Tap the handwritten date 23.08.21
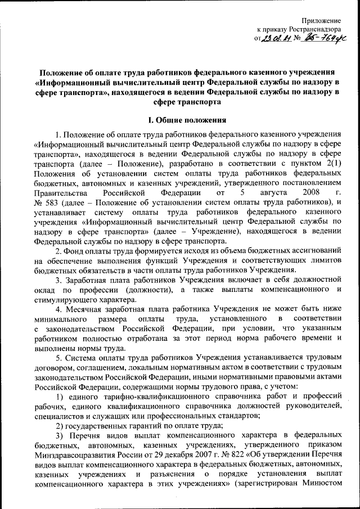pyautogui.click(x=275, y=38)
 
